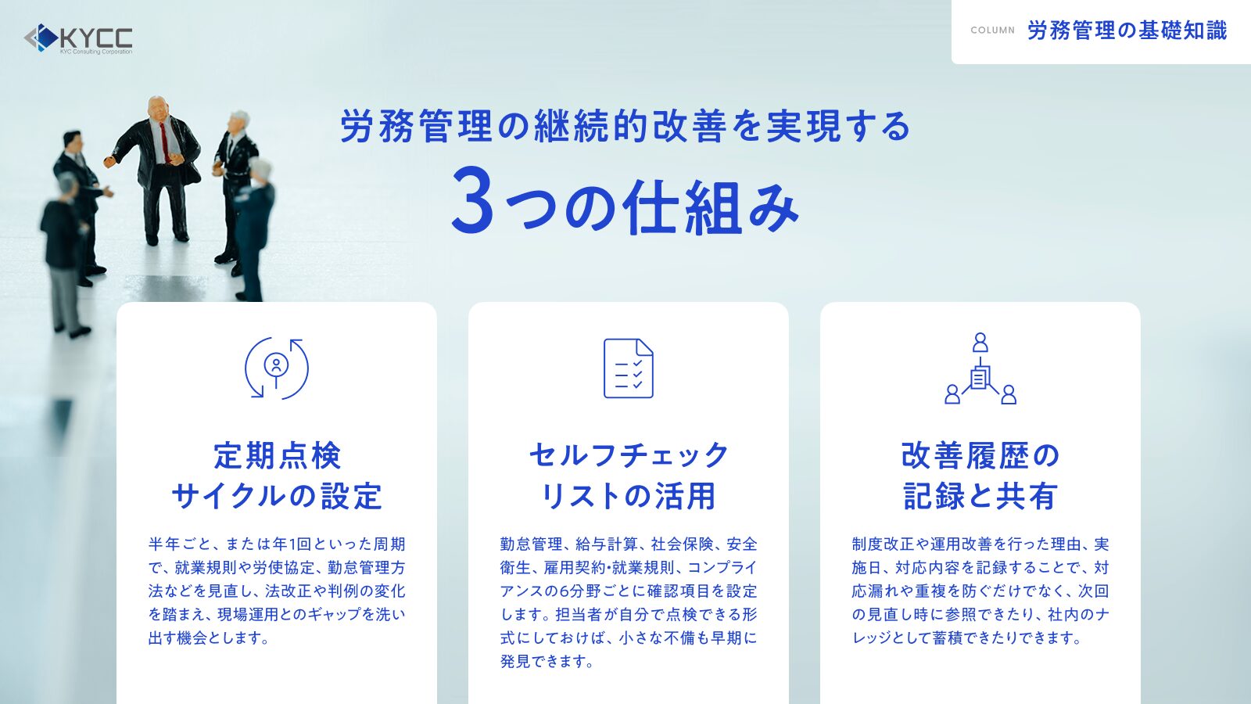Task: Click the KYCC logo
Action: click(78, 39)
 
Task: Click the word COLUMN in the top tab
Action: click(992, 31)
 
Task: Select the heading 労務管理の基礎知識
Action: click(1127, 31)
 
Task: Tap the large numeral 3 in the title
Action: click(472, 199)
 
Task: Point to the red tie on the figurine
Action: click(163, 142)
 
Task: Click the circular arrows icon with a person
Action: click(277, 368)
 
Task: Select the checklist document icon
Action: click(629, 368)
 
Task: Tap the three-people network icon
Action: click(980, 368)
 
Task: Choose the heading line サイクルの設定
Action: click(277, 496)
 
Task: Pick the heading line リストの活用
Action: click(629, 496)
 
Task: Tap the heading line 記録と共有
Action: click(980, 496)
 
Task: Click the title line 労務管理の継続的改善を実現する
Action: click(625, 126)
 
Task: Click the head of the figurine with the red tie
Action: click(158, 109)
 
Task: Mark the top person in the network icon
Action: click(980, 342)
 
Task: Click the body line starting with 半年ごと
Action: click(277, 544)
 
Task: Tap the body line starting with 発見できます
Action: click(547, 662)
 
